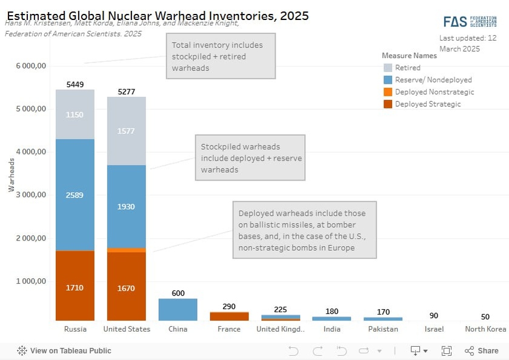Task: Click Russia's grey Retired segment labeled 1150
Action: (75, 115)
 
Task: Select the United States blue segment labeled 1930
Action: (126, 207)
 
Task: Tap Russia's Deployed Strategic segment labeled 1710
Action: (75, 287)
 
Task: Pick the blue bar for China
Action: (178, 310)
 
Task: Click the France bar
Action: (229, 316)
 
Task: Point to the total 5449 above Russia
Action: (75, 84)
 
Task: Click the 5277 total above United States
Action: (126, 92)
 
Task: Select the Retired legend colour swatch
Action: (388, 68)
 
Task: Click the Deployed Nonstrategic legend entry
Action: (434, 92)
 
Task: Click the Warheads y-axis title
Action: (12, 175)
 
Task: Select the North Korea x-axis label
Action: (485, 329)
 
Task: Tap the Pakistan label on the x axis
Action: (383, 329)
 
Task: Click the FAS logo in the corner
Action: (470, 22)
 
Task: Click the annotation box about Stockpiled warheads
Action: (250, 158)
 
